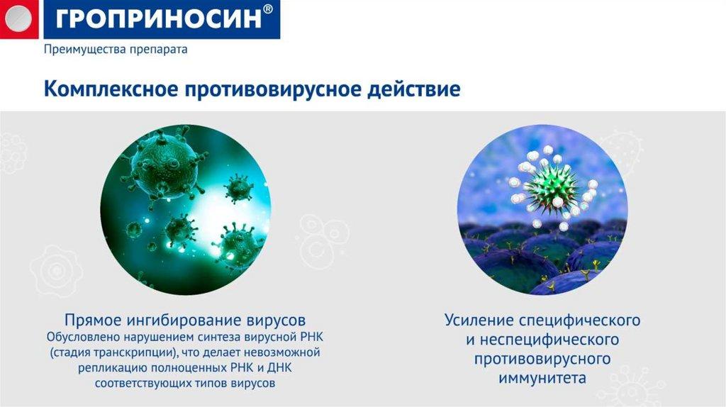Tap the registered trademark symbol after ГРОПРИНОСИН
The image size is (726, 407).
[267, 10]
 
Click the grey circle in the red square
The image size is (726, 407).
[18, 18]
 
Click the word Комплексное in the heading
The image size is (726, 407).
[111, 89]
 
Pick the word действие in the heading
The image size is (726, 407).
[414, 89]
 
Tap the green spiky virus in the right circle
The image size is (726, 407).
[552, 187]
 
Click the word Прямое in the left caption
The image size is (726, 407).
[92, 320]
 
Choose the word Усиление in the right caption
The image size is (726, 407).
[479, 320]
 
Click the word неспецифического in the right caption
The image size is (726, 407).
[549, 340]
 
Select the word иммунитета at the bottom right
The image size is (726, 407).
[542, 378]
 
